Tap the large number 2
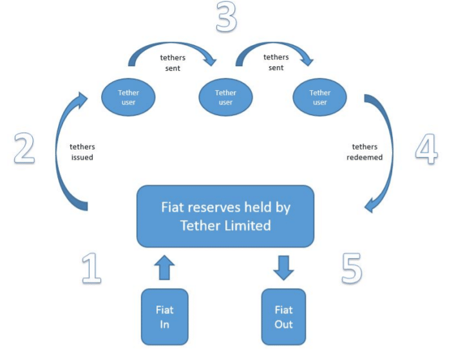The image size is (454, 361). coord(24,148)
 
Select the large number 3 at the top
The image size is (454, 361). coord(226,17)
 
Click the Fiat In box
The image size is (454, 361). coord(164,317)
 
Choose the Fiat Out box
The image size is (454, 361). coord(283,317)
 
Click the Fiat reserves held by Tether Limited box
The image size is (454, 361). coord(225,216)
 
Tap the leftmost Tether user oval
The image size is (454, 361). coord(128,97)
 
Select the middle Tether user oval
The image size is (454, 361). coord(225,97)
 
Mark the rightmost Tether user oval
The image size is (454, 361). coord(320,97)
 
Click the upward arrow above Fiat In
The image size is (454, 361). coord(164,267)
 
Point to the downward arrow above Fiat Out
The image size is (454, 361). coord(283,267)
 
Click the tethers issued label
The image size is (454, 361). coord(82,152)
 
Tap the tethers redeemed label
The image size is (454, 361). coord(367,152)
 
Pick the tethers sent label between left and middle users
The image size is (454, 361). coord(173,62)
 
